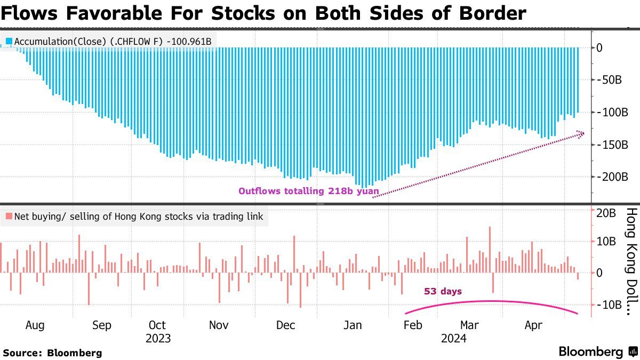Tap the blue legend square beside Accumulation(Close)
9,42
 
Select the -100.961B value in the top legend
189,42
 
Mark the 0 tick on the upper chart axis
599,47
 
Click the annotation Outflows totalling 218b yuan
309,191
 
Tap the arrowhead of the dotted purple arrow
581,134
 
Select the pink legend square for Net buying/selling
9,217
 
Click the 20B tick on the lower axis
606,213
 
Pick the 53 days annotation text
443,291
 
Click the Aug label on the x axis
35,325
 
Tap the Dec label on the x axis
285,325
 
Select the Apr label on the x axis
533,325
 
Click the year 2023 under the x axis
158,339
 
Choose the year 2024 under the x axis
454,339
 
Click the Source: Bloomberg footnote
53,353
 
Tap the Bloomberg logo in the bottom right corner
599,351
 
